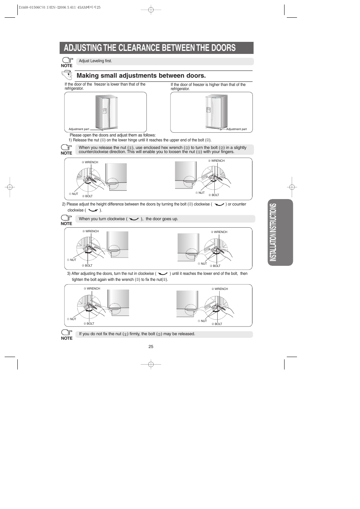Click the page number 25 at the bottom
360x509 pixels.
coord(151,346)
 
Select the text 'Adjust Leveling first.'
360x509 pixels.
coord(95,61)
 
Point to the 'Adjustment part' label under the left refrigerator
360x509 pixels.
coord(78,129)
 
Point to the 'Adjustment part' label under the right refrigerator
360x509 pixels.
coord(236,129)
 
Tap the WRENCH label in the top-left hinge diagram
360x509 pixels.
coord(91,163)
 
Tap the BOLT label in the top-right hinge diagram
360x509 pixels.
coord(215,195)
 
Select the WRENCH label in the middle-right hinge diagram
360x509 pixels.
coord(220,232)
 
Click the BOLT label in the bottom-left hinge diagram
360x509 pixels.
coord(90,323)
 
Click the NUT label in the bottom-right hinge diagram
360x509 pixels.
coord(203,321)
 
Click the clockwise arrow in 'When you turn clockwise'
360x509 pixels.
coord(134,219)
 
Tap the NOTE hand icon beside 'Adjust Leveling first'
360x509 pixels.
coord(67,60)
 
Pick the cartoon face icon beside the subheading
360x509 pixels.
coord(67,75)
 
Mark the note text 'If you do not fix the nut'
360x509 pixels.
coord(100,334)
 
